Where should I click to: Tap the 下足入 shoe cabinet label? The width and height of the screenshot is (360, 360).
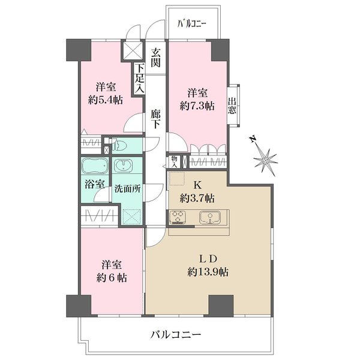pos(139,79)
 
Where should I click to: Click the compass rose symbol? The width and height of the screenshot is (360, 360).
pos(265,159)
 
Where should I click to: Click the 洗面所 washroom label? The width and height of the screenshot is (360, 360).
pos(128,188)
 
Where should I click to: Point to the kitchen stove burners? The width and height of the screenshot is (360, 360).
pos(179,217)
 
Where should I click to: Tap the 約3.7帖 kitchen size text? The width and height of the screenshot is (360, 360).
pos(197,197)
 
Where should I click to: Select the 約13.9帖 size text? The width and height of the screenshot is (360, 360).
pos(207,272)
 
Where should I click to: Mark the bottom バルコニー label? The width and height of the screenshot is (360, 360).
pos(175,334)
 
